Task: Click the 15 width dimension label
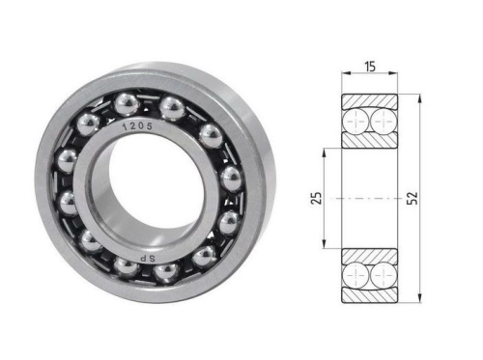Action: (x=370, y=67)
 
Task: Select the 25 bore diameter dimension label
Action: (x=316, y=198)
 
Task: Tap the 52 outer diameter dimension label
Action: (x=412, y=198)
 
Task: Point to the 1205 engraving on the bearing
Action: (x=137, y=126)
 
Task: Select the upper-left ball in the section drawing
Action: (x=355, y=122)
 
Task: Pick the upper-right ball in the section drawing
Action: (x=384, y=122)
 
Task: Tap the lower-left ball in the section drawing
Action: (x=355, y=275)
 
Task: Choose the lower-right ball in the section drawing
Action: (x=384, y=275)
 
